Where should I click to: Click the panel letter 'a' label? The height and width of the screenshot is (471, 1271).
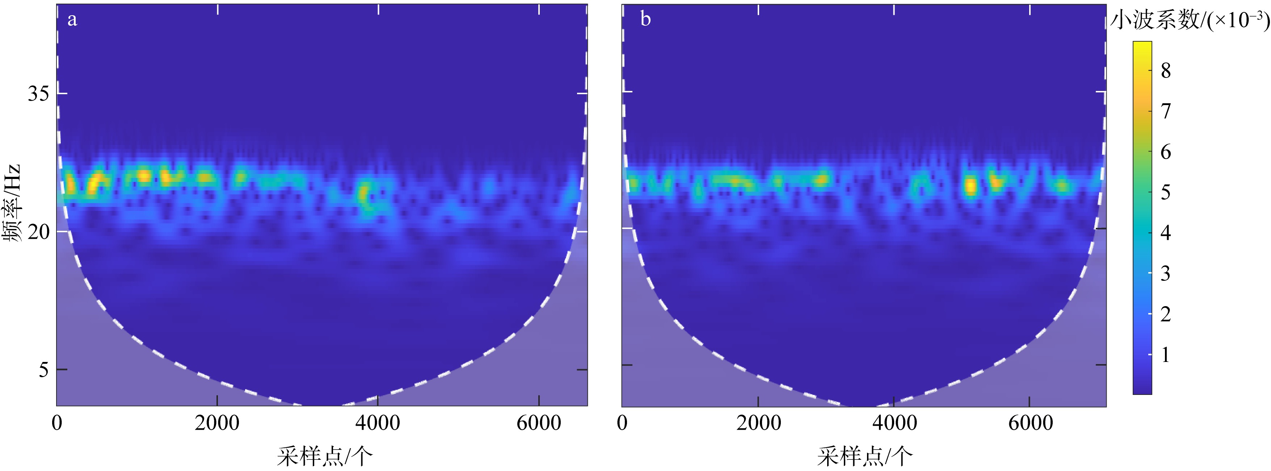[x=72, y=20]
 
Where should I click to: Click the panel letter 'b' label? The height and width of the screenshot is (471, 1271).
[x=645, y=19]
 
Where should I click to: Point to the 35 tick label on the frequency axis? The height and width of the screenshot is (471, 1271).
[x=38, y=93]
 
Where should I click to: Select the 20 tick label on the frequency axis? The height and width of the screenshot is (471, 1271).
[x=38, y=232]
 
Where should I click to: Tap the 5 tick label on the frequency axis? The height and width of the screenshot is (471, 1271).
[x=43, y=369]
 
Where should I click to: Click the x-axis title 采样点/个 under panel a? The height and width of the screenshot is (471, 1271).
[x=325, y=456]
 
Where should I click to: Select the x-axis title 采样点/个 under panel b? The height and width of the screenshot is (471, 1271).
[x=864, y=456]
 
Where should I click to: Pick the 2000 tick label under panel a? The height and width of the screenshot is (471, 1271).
[x=217, y=423]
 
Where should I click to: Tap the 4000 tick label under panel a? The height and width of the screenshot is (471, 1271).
[x=378, y=423]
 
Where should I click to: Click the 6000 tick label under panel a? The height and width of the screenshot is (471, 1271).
[x=539, y=423]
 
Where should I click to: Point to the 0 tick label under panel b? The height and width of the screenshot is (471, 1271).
[x=622, y=423]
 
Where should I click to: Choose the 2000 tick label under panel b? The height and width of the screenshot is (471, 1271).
[x=759, y=423]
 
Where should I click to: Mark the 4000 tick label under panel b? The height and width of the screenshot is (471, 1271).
[x=895, y=423]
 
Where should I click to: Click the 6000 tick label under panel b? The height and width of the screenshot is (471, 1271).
[x=1031, y=423]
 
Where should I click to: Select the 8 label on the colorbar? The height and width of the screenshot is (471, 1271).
[x=1165, y=71]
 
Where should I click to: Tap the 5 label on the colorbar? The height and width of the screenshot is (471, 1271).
[x=1165, y=192]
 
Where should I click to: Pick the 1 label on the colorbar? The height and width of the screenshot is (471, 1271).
[x=1165, y=354]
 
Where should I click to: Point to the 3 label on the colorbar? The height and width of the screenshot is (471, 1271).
[x=1165, y=273]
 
